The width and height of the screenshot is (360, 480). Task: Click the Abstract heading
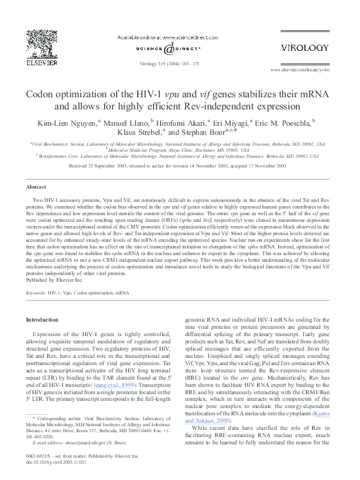[x=37, y=187]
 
